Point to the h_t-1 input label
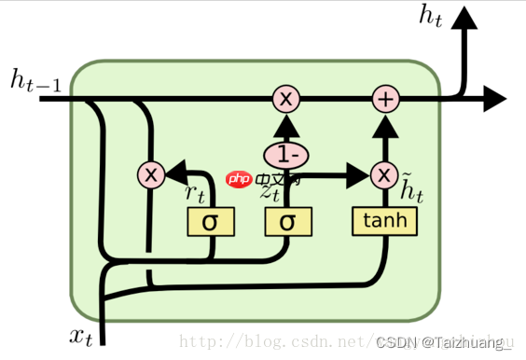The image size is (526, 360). pyautogui.click(x=36, y=81)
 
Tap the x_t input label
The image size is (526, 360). pyautogui.click(x=82, y=337)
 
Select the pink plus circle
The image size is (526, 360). pyautogui.click(x=385, y=98)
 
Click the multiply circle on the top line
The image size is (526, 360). pyautogui.click(x=286, y=98)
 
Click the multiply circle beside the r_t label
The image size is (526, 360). pyautogui.click(x=150, y=173)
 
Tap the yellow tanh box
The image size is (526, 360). pyautogui.click(x=384, y=221)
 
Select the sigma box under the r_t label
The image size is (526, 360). pyautogui.click(x=211, y=222)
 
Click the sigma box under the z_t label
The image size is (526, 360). pyautogui.click(x=288, y=222)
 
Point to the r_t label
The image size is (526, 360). pyautogui.click(x=194, y=193)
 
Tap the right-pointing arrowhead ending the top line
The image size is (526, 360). pyautogui.click(x=494, y=98)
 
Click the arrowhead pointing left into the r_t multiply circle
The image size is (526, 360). pyautogui.click(x=174, y=173)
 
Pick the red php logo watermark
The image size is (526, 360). pyautogui.click(x=240, y=179)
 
